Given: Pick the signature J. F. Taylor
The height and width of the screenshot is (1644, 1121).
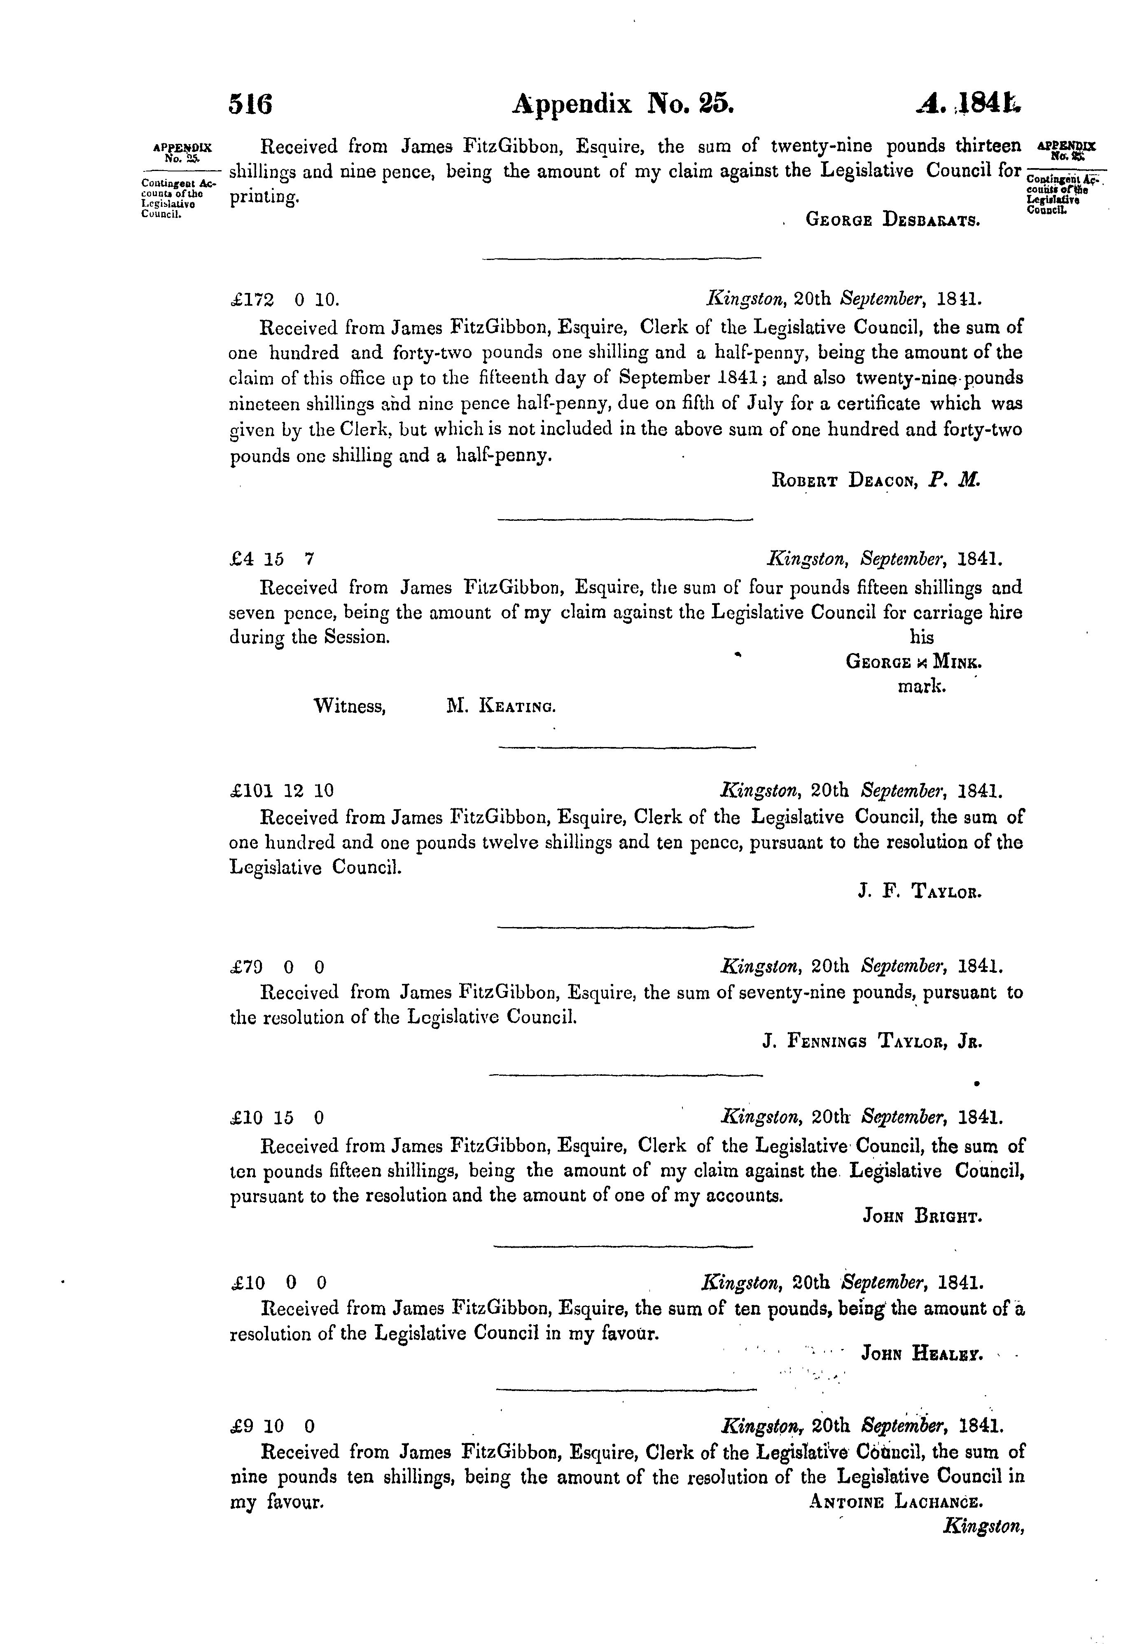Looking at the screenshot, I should coord(920,893).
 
